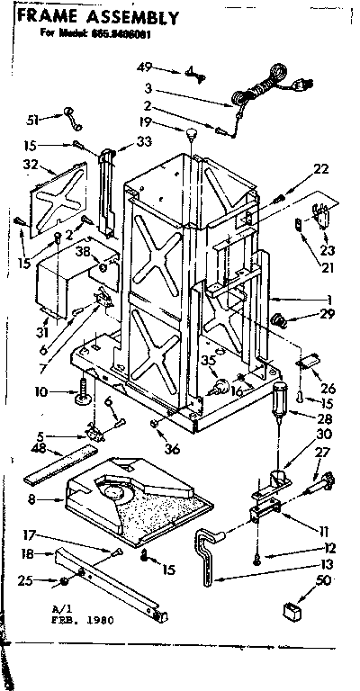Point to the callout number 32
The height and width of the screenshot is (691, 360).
(x=30, y=166)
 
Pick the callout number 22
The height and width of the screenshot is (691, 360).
(x=321, y=169)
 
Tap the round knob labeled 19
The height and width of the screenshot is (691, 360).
(x=192, y=135)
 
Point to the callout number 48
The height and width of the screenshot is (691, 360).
(x=38, y=449)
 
